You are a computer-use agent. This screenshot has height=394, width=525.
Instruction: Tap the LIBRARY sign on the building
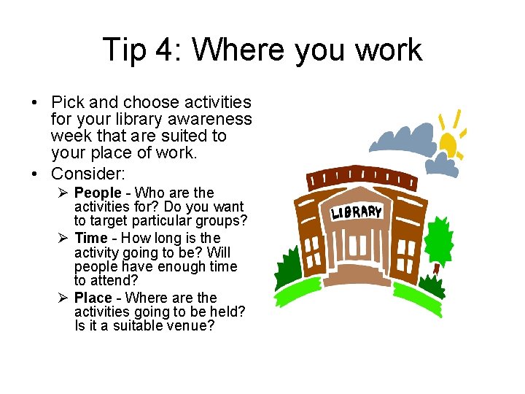tap(357, 212)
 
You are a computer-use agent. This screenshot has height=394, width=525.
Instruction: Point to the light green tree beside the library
tap(438, 240)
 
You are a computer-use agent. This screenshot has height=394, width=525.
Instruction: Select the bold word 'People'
tap(98, 193)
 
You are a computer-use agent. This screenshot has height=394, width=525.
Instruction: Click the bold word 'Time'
tap(90, 238)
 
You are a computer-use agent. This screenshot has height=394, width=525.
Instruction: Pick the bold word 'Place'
tap(93, 298)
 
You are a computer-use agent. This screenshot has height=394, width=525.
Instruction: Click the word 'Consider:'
tap(88, 174)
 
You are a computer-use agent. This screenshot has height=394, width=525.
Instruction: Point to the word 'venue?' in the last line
tap(192, 326)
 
